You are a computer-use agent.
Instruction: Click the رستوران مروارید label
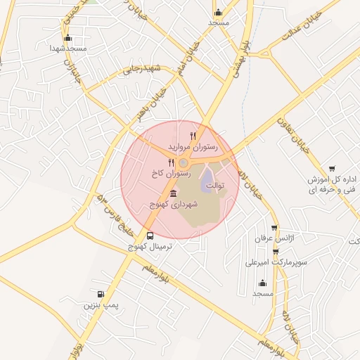(193, 147)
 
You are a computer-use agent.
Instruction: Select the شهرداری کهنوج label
(175, 204)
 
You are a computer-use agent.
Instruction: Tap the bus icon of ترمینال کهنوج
(150, 236)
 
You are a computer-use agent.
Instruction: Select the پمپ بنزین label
(98, 306)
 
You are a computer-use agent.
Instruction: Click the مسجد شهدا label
(67, 48)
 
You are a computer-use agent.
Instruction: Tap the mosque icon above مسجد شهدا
(67, 38)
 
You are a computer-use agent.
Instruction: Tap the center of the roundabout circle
(184, 163)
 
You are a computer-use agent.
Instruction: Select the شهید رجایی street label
(143, 68)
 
